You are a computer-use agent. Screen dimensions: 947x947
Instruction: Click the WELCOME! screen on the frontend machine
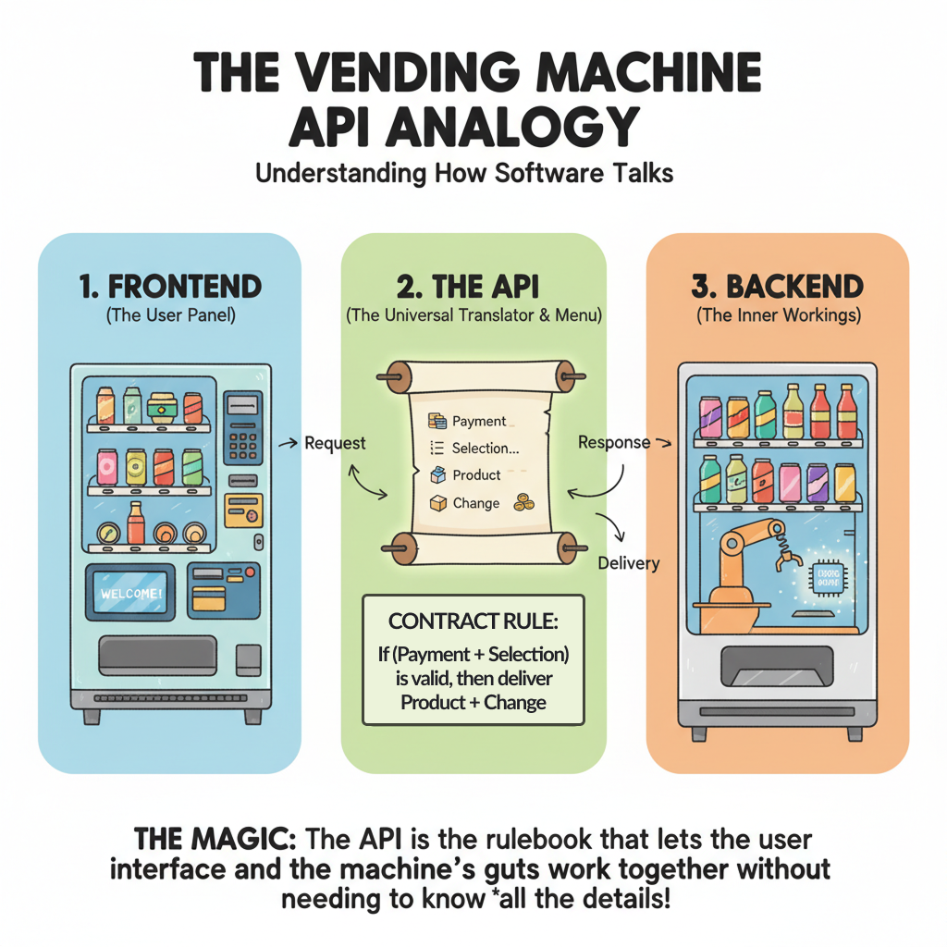[131, 591]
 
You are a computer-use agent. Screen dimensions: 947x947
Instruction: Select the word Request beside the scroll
[335, 443]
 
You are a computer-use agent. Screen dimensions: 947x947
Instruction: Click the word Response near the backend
[614, 442]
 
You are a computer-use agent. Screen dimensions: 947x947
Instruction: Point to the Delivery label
[630, 562]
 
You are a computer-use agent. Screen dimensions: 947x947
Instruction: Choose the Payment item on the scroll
[478, 421]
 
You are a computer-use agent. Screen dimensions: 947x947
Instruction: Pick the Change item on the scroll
[475, 503]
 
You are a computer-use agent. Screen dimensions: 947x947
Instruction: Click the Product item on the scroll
[476, 475]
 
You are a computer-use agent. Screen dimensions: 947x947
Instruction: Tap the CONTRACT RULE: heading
[473, 621]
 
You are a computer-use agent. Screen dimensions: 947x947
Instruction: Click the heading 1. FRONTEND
[171, 286]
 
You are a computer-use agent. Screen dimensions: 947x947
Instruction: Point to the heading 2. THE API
[473, 286]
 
